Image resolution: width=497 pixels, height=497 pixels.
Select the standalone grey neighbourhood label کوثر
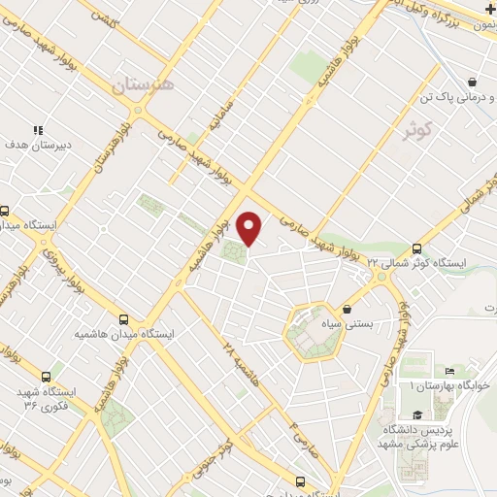(420, 133)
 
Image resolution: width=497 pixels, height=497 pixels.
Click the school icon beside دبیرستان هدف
(38, 129)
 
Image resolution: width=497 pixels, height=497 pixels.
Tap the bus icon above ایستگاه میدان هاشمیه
(123, 318)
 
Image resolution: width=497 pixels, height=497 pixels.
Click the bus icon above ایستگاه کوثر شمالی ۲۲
(417, 248)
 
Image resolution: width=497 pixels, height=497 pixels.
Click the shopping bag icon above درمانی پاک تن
(472, 83)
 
